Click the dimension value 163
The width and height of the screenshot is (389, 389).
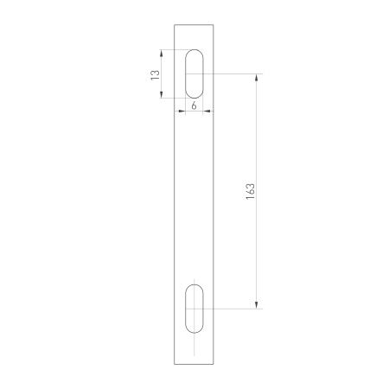pos(249,191)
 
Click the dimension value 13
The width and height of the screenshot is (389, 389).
pos(154,74)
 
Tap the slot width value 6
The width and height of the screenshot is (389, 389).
pos(194,105)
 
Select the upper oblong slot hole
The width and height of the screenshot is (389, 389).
pos(194,74)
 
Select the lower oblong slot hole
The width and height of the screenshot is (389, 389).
pos(194,309)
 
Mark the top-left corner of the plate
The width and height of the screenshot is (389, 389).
pos(175,24)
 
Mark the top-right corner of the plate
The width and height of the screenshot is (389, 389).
pos(215,24)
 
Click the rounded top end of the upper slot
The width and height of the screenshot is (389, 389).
pos(194,51)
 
